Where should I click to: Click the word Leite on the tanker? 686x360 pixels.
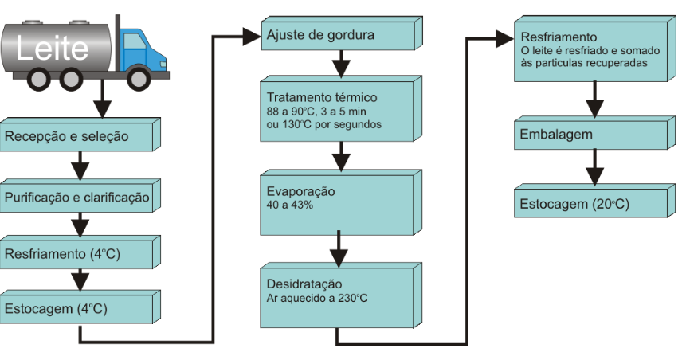[53, 49]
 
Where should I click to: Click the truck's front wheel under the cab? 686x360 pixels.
[138, 77]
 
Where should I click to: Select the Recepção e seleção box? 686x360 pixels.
[76, 136]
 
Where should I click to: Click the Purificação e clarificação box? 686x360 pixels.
[76, 197]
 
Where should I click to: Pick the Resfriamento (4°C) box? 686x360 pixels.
[76, 255]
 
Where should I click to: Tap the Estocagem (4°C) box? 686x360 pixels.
[76, 307]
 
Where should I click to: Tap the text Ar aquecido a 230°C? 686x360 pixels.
[317, 299]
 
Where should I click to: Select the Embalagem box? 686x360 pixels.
[590, 135]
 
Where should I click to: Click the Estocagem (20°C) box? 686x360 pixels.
[590, 204]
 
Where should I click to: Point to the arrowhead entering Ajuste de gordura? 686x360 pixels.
[253, 36]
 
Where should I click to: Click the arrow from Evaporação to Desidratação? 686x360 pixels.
[340, 248]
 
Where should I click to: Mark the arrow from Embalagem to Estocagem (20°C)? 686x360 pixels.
[593, 169]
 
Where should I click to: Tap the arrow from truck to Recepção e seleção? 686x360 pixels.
[100, 101]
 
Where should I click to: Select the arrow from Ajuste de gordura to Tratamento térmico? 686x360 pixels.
[340, 62]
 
